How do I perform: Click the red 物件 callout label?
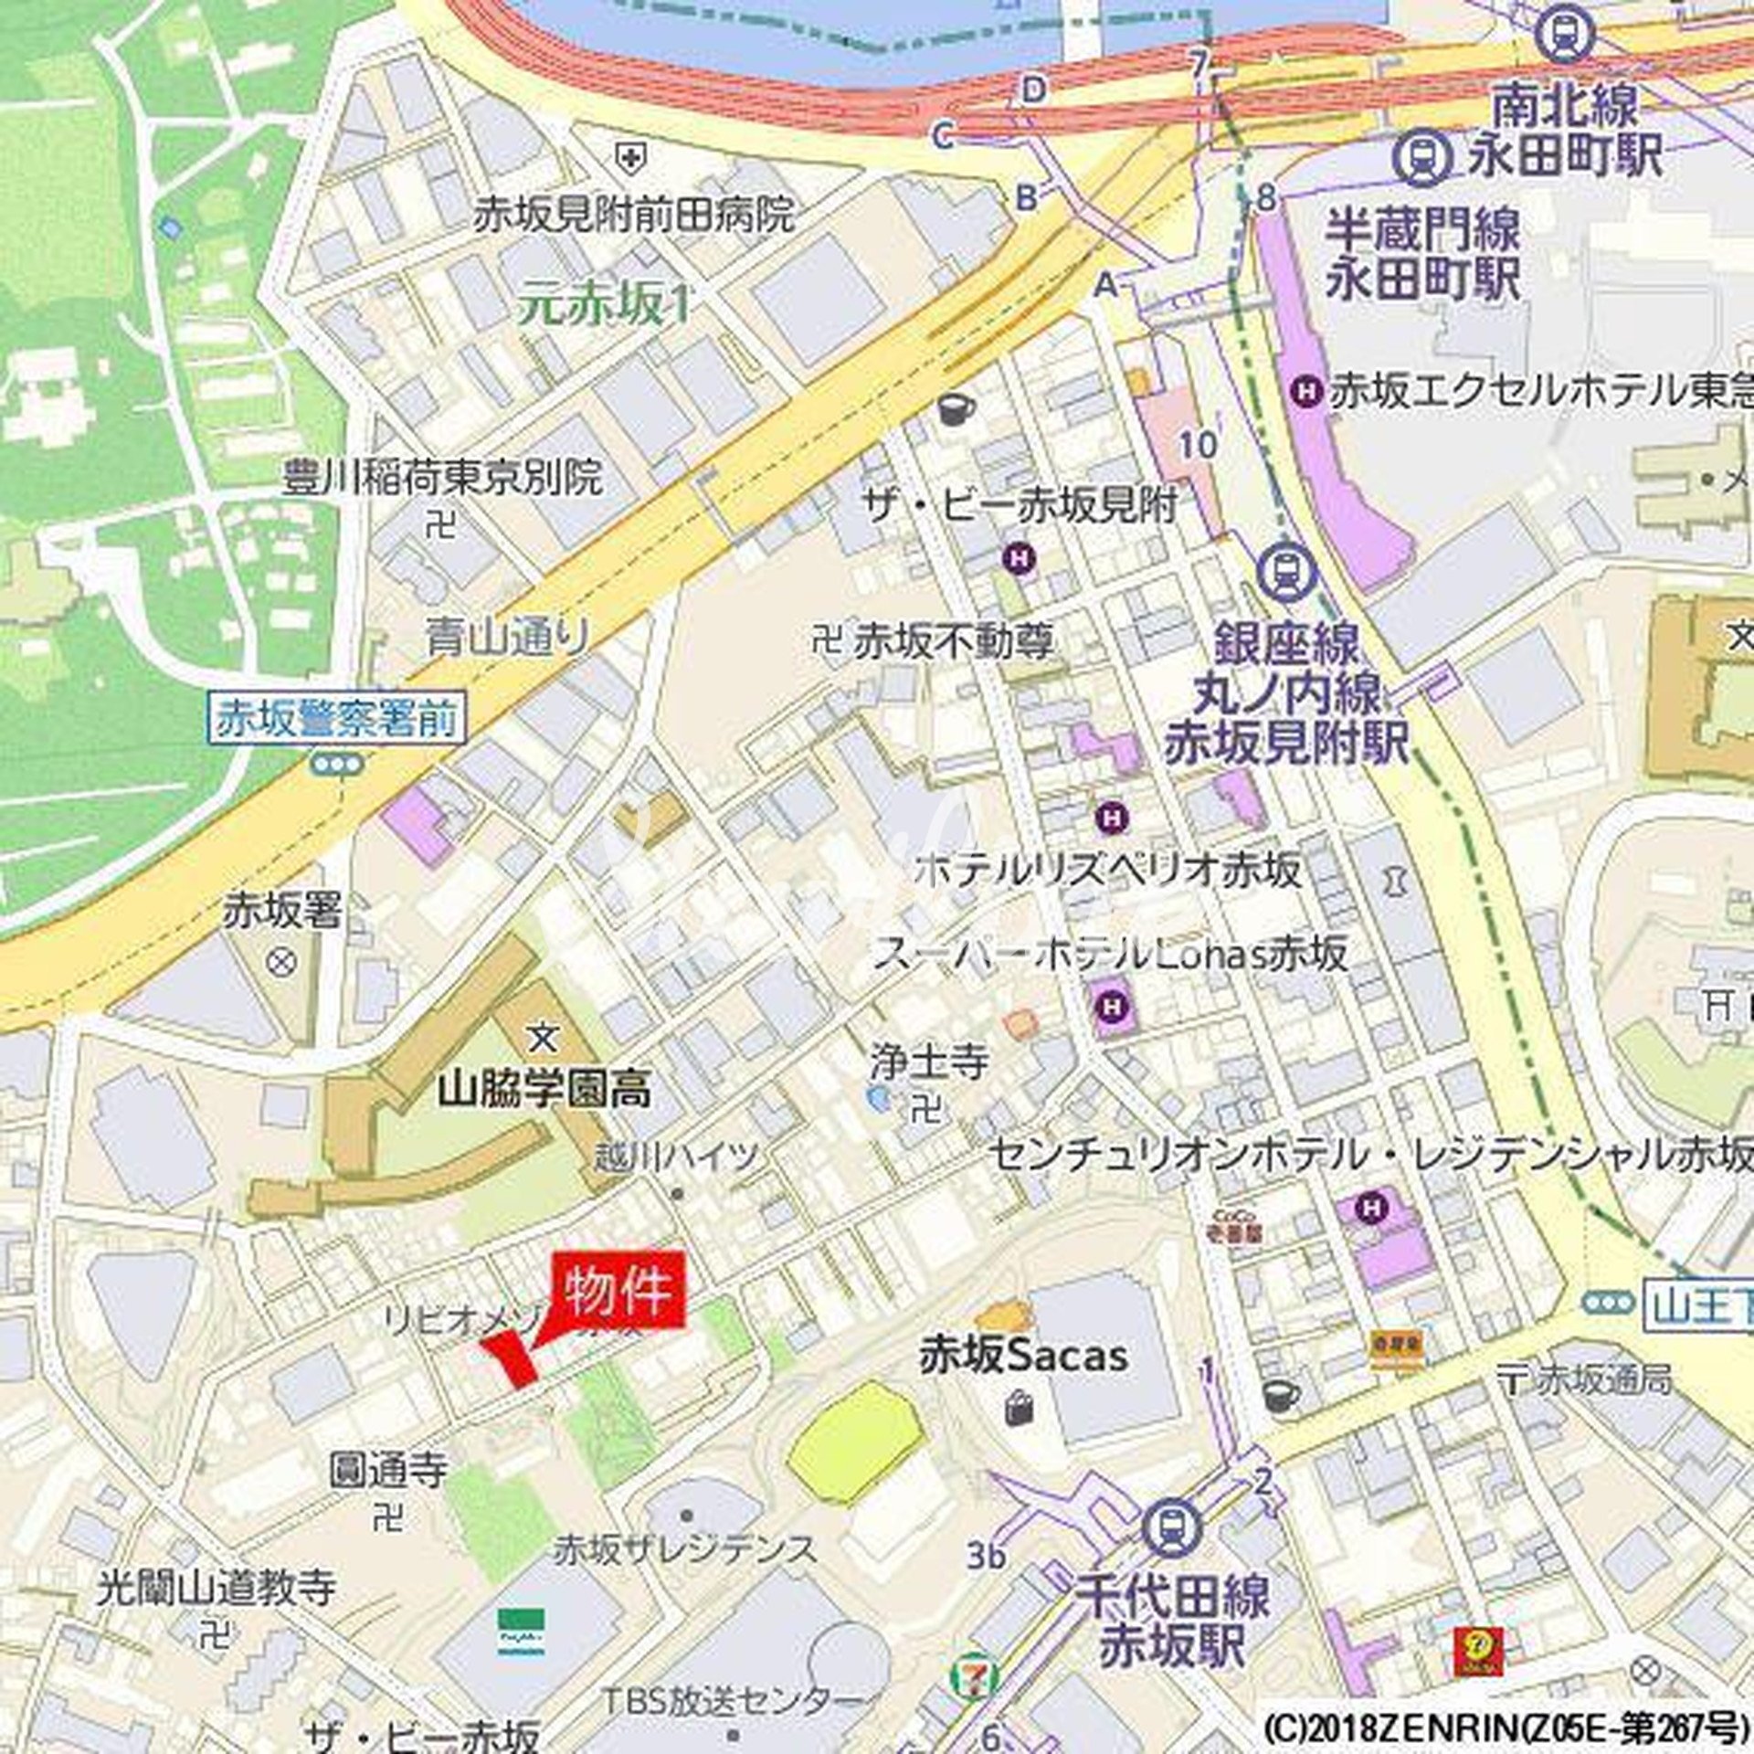pyautogui.click(x=618, y=1293)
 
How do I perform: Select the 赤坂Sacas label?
pyautogui.click(x=1023, y=1355)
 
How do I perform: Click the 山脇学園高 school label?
pyautogui.click(x=544, y=1090)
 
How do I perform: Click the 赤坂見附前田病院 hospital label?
pyautogui.click(x=633, y=216)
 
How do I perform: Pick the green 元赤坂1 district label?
pyautogui.click(x=604, y=304)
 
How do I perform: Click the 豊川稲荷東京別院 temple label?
pyautogui.click(x=441, y=478)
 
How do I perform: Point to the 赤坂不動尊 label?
pyautogui.click(x=953, y=642)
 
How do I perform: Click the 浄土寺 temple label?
pyautogui.click(x=929, y=1062)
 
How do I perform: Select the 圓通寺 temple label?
pyautogui.click(x=388, y=1470)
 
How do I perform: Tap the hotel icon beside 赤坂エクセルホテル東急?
pyautogui.click(x=1308, y=393)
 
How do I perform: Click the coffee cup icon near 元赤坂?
pyautogui.click(x=956, y=407)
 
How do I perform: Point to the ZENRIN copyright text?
pyautogui.click(x=1506, y=1729)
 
